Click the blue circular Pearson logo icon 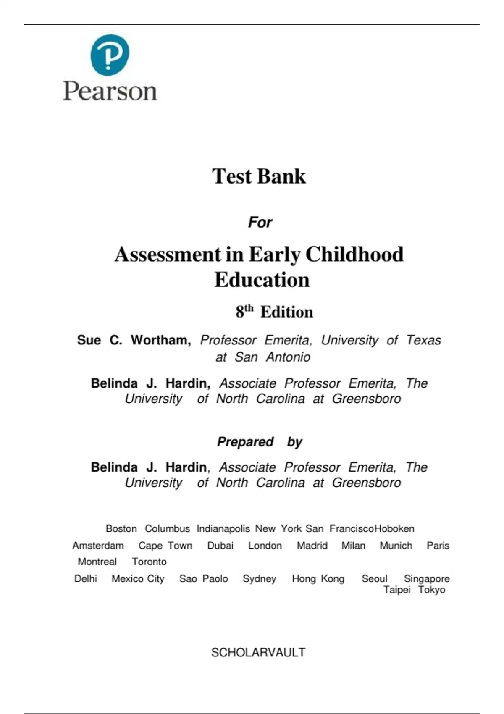click(110, 55)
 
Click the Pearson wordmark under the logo click(110, 91)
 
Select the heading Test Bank click(259, 176)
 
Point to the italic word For click(260, 222)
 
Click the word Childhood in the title click(354, 255)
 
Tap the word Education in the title click(262, 280)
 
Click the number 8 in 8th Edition click(240, 312)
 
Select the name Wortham click(161, 340)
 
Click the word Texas click(423, 340)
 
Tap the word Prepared click(245, 442)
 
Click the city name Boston click(121, 529)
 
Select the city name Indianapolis click(223, 529)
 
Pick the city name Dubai click(220, 546)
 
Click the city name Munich click(396, 546)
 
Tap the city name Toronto click(149, 562)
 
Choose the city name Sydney click(259, 579)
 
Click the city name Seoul click(374, 579)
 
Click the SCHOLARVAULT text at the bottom click(258, 652)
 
